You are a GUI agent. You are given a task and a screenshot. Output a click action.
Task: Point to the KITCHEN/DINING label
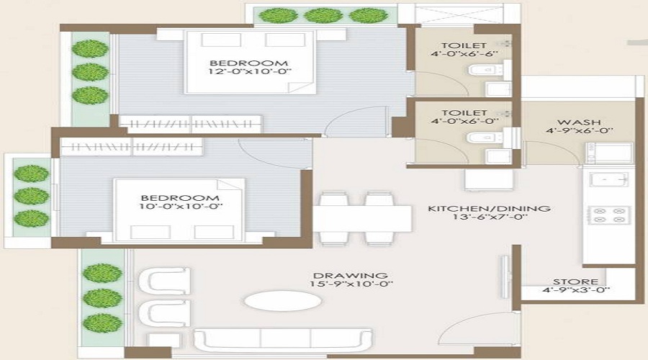[x=489, y=209]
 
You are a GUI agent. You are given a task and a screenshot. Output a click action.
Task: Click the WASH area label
[x=559, y=123]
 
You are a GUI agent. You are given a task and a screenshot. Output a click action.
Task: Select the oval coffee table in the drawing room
[x=272, y=300]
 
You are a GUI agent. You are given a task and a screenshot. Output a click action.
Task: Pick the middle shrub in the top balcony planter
[x=317, y=14]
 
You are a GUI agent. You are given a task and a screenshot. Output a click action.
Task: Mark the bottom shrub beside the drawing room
[x=102, y=322]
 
